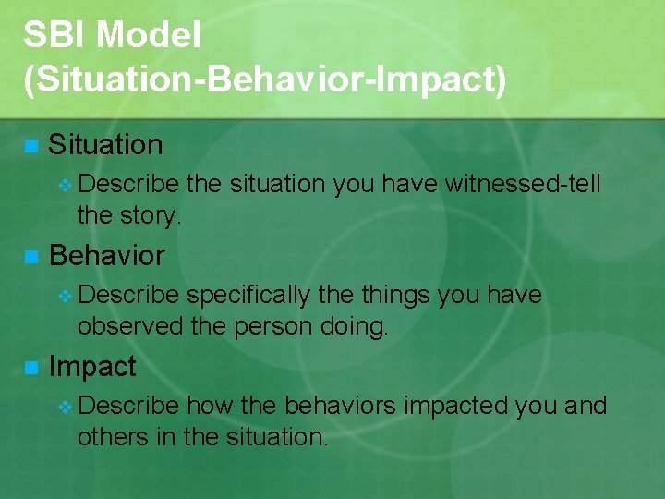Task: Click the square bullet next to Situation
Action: [30, 146]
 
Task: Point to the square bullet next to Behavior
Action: [30, 257]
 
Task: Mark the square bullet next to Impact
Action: [30, 368]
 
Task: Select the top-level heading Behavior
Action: [106, 256]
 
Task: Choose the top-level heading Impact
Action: [92, 367]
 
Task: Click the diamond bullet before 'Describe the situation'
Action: [64, 185]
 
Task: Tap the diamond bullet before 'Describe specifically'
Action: [64, 296]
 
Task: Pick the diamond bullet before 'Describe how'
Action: [64, 407]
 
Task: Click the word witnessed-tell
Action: [523, 185]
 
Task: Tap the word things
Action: [401, 296]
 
